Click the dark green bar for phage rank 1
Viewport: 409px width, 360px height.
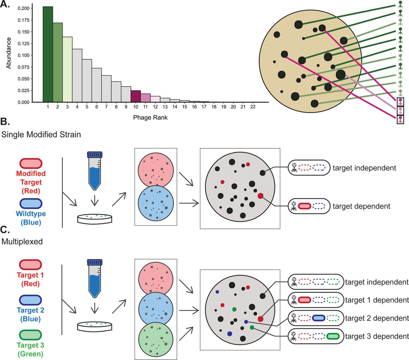48,54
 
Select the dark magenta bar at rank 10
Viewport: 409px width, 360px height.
136,96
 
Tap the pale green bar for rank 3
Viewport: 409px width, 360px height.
67,70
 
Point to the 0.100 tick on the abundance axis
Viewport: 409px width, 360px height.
24,55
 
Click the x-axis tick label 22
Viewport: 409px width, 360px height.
253,107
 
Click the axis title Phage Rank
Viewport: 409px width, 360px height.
150,118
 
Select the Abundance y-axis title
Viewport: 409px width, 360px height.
9,53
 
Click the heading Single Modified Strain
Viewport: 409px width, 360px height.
41,134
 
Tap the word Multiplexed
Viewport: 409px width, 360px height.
22,241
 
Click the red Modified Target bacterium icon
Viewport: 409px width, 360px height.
31,163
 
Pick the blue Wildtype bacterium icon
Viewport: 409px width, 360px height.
31,204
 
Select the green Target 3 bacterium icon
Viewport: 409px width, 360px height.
30,335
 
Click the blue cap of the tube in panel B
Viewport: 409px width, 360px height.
95,155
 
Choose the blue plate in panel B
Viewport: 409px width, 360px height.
156,203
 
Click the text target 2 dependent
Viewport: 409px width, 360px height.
377,318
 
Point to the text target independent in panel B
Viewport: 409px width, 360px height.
364,168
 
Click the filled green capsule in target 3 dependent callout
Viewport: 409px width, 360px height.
333,336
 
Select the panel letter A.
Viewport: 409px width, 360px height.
5,4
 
